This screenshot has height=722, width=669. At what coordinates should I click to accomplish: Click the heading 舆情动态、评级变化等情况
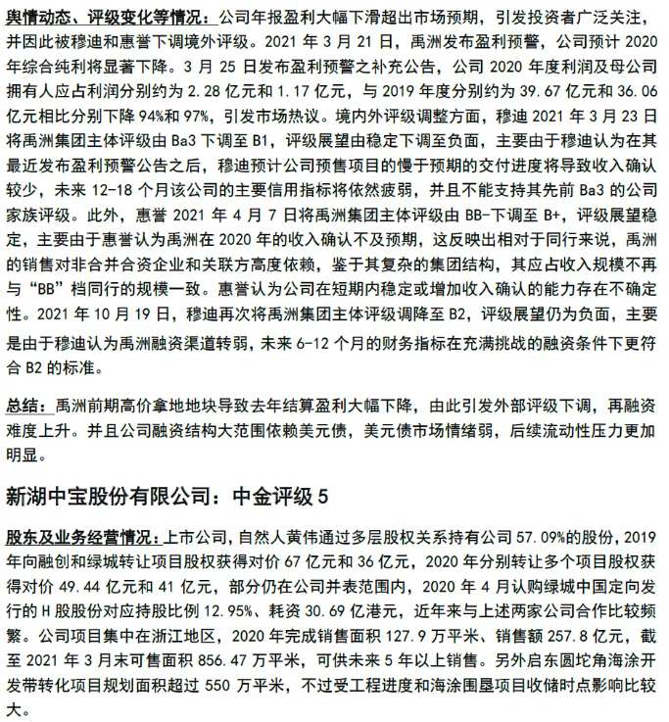[107, 18]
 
